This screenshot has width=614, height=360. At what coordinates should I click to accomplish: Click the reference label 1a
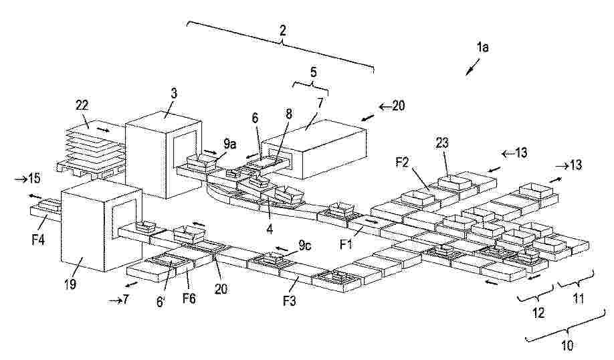482,48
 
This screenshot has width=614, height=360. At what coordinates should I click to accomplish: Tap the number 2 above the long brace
283,30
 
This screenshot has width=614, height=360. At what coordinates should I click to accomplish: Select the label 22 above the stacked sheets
82,105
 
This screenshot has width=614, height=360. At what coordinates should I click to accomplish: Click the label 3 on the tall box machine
174,93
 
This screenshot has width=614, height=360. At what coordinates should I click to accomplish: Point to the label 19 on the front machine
70,283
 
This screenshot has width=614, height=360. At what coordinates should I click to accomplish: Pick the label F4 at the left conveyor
38,239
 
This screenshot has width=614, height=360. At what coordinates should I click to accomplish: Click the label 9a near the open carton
230,144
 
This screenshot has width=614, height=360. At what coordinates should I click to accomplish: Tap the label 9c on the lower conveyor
305,246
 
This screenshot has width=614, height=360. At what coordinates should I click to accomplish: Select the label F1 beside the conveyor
346,244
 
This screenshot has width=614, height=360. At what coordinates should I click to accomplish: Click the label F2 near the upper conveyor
403,162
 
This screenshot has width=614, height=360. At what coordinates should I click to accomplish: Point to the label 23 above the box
442,143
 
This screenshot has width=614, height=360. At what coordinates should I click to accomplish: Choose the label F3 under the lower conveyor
290,300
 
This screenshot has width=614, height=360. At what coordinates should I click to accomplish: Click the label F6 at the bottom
189,298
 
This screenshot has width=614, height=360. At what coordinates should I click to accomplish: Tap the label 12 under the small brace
538,312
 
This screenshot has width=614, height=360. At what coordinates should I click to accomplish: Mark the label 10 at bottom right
567,345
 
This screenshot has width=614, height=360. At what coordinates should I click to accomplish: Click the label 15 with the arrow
33,179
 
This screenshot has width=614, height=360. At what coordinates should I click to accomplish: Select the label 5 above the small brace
313,72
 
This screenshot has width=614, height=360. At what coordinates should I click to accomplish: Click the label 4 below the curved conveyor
270,228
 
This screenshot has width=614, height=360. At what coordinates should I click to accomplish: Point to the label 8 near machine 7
289,114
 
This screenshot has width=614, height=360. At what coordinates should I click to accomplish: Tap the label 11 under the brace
579,299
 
